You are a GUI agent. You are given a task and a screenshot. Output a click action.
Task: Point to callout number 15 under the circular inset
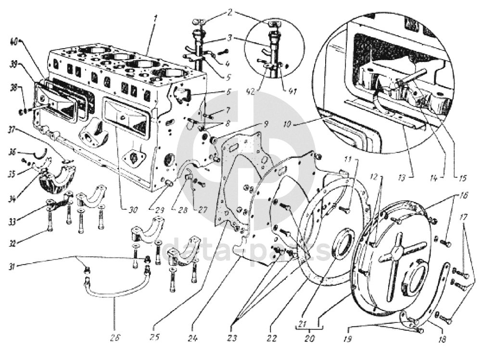pos(463,178)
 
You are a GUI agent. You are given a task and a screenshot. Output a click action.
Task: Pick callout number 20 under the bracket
pos(309,338)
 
